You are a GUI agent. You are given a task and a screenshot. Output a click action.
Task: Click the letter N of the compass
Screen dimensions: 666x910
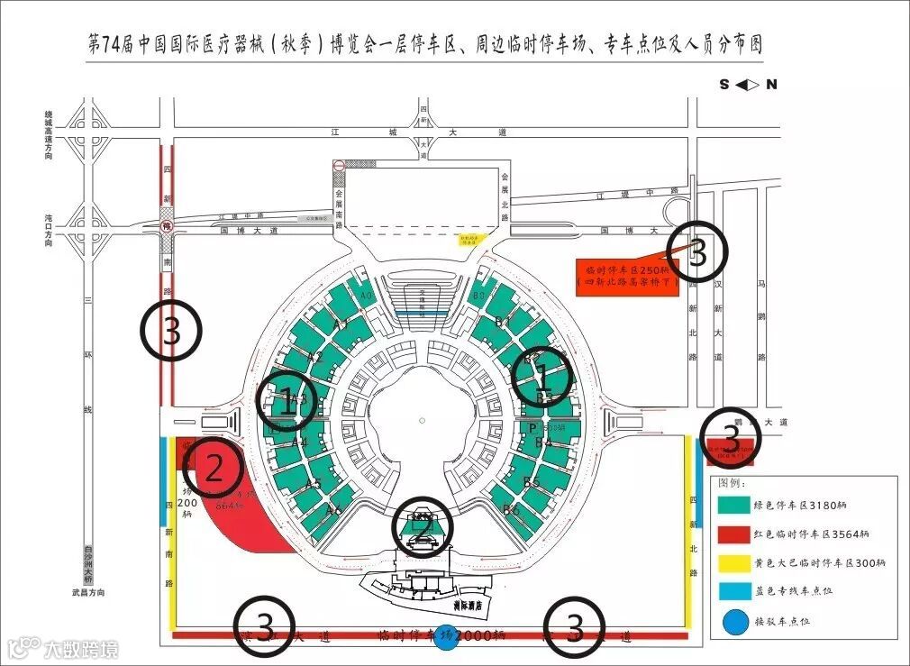pyautogui.click(x=771, y=85)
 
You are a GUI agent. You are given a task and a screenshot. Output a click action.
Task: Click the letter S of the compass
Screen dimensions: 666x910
pyautogui.click(x=723, y=85)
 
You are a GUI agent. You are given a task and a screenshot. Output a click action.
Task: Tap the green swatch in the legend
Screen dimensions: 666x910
pyautogui.click(x=733, y=506)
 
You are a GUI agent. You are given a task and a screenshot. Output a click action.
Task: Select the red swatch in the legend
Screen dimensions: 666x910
pyautogui.click(x=733, y=534)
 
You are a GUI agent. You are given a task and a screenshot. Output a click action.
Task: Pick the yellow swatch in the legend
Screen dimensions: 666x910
pyautogui.click(x=733, y=563)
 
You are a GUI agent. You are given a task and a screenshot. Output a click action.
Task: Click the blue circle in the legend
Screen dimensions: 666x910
pyautogui.click(x=733, y=622)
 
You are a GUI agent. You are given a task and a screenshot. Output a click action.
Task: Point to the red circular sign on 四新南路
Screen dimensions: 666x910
pyautogui.click(x=167, y=225)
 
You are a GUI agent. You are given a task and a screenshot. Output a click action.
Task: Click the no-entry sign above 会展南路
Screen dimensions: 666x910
pyautogui.click(x=338, y=167)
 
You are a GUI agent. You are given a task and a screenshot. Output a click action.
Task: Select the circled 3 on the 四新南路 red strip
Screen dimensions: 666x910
pyautogui.click(x=171, y=332)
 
